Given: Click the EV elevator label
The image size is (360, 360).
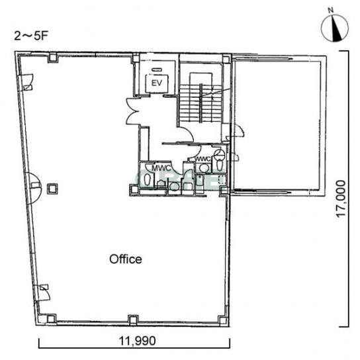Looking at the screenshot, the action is click(x=157, y=83).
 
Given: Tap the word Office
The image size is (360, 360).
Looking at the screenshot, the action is click(x=126, y=259).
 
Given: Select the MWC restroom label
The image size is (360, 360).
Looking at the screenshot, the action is click(x=161, y=168).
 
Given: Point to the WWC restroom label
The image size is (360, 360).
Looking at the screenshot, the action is click(x=203, y=159).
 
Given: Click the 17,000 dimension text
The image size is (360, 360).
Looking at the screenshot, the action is click(x=341, y=199).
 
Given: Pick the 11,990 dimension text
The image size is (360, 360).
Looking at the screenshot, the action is click(x=137, y=341).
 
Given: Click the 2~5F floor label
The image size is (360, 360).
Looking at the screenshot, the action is click(x=30, y=36).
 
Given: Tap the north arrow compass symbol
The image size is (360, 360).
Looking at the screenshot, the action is click(x=335, y=28).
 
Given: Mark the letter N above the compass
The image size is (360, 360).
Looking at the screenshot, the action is click(x=331, y=11).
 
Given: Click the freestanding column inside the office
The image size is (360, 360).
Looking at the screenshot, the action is click(x=52, y=189).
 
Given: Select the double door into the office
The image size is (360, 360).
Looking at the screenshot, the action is click(x=132, y=111).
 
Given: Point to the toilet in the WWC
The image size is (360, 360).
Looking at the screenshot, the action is click(x=220, y=161).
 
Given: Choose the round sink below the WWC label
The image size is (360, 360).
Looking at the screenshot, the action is click(x=204, y=168).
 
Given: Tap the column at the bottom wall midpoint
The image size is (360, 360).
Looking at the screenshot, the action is click(x=133, y=320).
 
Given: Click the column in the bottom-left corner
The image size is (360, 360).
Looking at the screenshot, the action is click(x=51, y=319).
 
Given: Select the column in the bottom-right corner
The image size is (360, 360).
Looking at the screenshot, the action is click(x=222, y=320).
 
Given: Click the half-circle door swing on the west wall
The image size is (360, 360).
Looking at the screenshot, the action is click(x=35, y=188).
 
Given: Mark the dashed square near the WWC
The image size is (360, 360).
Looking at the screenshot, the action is click(x=222, y=179).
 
